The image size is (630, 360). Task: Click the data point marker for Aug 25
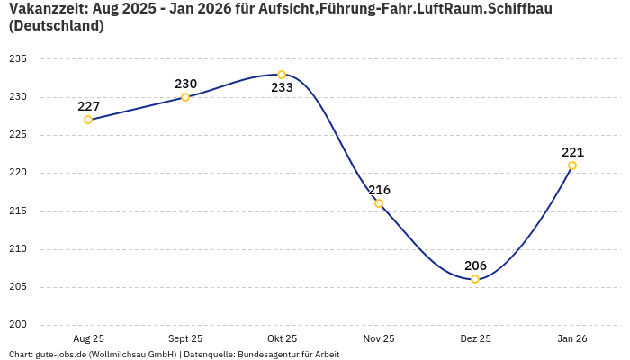(88, 120)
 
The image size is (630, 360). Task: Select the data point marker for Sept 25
(185, 97)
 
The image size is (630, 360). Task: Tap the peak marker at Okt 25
(282, 75)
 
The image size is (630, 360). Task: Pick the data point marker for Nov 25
(379, 203)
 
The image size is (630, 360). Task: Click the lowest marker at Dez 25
(475, 279)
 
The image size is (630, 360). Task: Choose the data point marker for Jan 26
(572, 166)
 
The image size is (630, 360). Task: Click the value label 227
(88, 106)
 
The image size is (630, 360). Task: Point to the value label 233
(282, 88)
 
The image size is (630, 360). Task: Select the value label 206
(475, 265)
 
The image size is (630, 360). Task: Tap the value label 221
(572, 152)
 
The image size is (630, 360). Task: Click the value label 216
(379, 190)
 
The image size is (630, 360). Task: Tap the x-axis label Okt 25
(282, 339)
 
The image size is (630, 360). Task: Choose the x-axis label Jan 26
(572, 339)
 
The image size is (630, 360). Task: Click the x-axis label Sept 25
(185, 339)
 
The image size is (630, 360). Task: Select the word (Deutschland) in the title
(56, 26)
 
